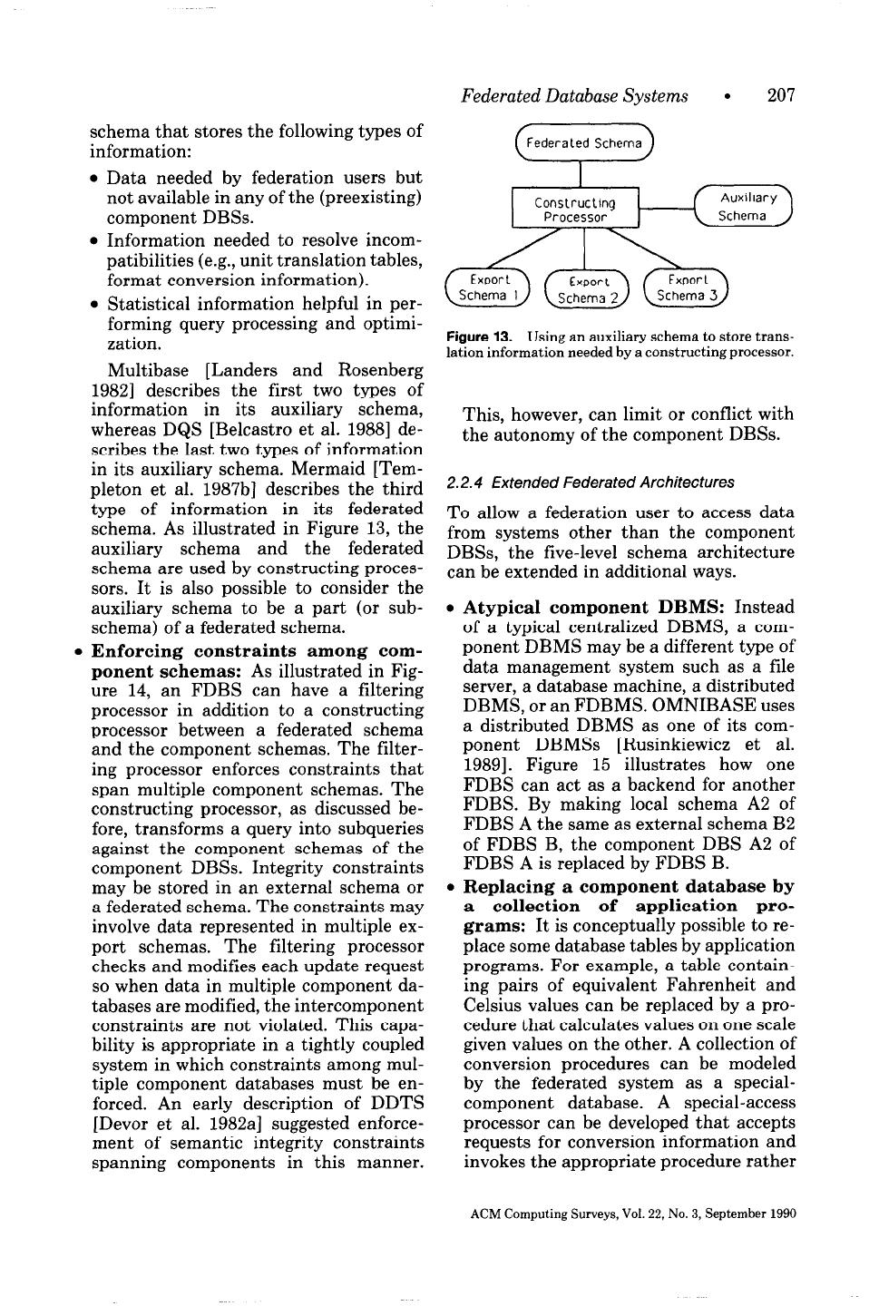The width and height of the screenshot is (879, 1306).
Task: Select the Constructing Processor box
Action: [575, 210]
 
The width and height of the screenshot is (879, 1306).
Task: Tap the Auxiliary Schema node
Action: [742, 207]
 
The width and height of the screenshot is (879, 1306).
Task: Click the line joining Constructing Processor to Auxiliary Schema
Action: [666, 209]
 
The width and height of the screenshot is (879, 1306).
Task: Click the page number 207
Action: [781, 95]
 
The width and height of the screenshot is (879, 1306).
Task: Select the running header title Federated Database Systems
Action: [573, 95]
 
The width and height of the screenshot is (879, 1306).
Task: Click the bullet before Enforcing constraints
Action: [80, 651]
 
